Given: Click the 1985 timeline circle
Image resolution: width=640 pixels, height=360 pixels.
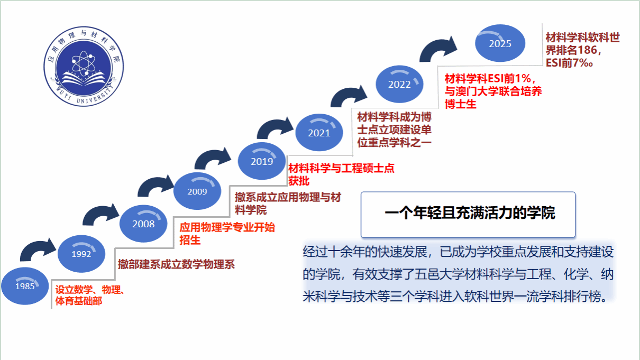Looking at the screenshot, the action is [x=25, y=286].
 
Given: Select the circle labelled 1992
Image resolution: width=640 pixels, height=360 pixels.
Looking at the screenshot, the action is [x=81, y=254].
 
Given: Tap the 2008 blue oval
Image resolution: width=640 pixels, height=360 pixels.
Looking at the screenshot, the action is [x=143, y=224].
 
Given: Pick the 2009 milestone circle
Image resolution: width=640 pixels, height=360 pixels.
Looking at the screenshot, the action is [x=197, y=191].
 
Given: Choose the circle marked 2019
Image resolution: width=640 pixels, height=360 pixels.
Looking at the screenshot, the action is [x=262, y=161].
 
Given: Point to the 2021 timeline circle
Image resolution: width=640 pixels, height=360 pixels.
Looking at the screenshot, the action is [x=319, y=133].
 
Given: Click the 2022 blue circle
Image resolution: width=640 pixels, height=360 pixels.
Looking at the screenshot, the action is [x=399, y=84].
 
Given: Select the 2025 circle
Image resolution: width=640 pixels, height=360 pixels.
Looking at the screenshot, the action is [x=500, y=43].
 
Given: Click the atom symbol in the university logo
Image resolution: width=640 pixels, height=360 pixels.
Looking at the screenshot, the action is [x=84, y=63].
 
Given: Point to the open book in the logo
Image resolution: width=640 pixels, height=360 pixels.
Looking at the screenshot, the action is [x=84, y=79].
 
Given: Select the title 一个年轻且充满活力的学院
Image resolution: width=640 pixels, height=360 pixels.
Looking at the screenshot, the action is [x=470, y=213].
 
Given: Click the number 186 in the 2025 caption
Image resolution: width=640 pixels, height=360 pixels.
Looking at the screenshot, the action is [x=587, y=50].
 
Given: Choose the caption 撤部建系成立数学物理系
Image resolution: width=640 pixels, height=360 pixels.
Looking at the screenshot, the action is [x=176, y=264].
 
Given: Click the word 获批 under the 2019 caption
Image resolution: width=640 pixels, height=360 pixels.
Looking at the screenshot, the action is [x=299, y=181].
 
